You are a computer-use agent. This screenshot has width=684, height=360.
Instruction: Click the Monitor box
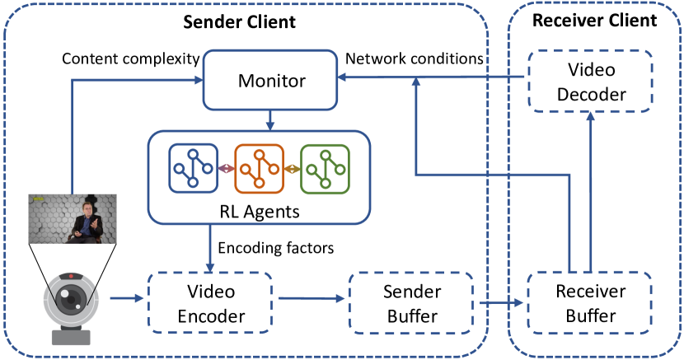coord(271,81)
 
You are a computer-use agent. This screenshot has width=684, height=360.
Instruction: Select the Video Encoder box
coord(211,303)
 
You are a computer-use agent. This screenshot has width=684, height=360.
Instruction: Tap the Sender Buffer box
coord(410,303)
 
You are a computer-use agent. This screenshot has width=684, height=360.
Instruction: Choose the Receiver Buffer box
coord(590,302)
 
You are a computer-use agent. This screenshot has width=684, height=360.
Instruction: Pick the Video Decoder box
coord(590,82)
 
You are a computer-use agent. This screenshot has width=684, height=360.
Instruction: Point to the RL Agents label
coord(258,210)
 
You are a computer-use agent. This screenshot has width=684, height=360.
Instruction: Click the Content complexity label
coord(130,59)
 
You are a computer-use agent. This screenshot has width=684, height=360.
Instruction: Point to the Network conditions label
coord(413,59)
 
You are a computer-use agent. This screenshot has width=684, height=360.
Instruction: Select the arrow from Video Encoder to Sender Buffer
coord(309,300)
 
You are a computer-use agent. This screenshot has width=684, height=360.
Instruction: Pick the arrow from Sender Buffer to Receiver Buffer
coord(499,303)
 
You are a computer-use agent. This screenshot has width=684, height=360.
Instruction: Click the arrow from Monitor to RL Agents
coord(271,120)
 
